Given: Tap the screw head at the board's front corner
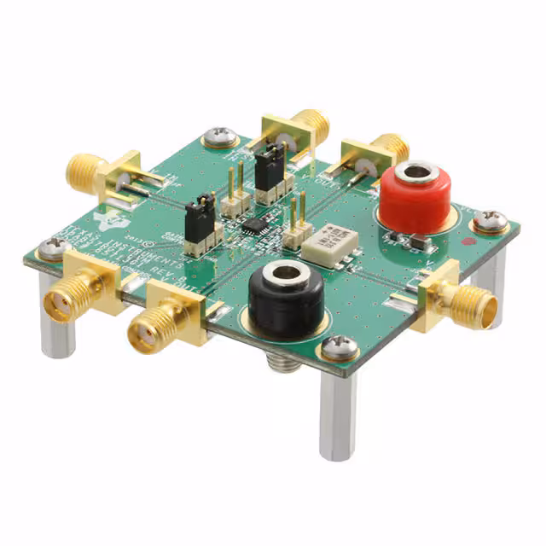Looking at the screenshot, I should [x=339, y=346].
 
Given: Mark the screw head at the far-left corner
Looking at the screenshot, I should [x=53, y=248].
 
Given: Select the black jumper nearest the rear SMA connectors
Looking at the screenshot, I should [x=270, y=166].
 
